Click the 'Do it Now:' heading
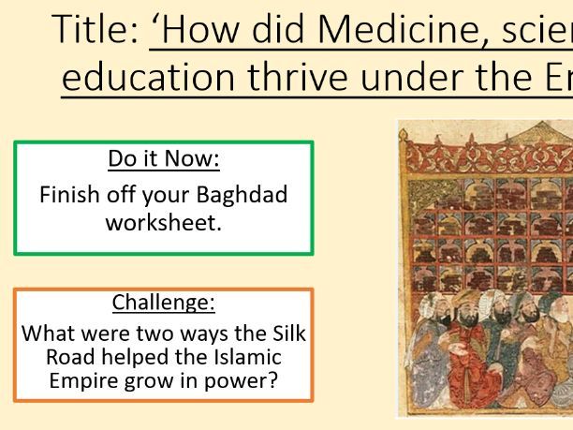164,158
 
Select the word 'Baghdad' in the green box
243,195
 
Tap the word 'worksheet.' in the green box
164,223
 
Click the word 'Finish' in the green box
69,195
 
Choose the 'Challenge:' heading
164,302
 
